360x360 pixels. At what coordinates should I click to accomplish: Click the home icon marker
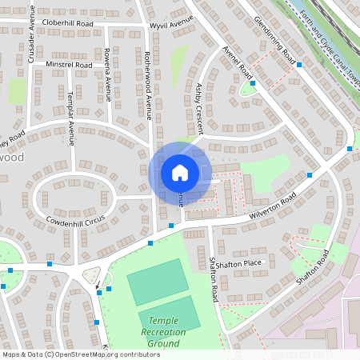180,172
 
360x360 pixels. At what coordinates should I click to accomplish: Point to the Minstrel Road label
69,64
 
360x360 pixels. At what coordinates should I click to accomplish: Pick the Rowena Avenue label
106,77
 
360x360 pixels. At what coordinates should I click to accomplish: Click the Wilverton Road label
271,205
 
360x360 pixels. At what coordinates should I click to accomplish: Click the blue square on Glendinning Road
299,65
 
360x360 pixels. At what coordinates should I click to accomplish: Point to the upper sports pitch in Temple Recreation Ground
158,281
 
